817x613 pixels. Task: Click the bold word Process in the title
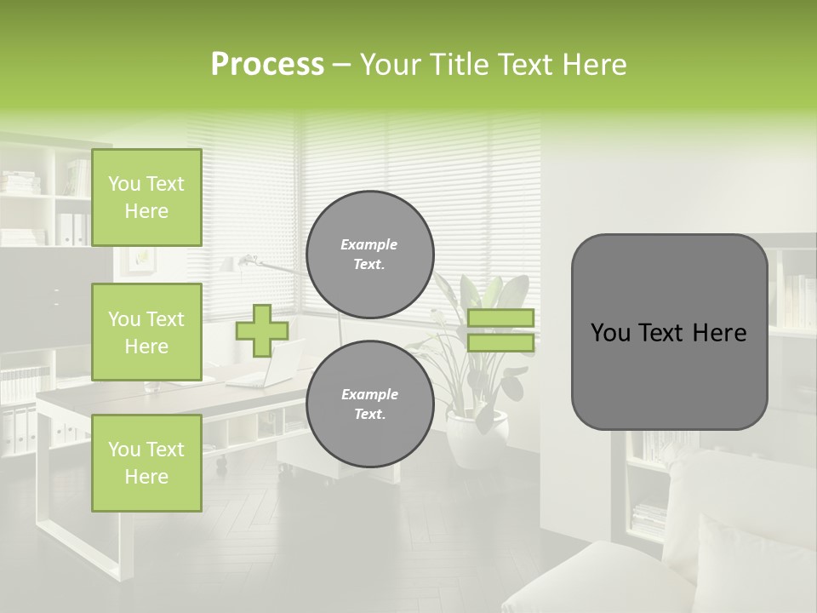tap(267, 65)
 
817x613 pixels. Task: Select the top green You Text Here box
tap(146, 198)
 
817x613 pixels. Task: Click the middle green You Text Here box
tap(146, 332)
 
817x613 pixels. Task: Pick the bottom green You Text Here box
tap(146, 463)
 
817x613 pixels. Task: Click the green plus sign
tap(261, 330)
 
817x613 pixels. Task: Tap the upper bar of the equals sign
tap(500, 318)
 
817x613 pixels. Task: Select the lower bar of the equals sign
tap(500, 343)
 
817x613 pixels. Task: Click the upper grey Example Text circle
tap(369, 255)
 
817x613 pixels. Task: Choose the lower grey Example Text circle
tap(369, 404)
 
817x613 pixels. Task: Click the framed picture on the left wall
tap(137, 261)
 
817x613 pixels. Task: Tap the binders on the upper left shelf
tap(71, 228)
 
